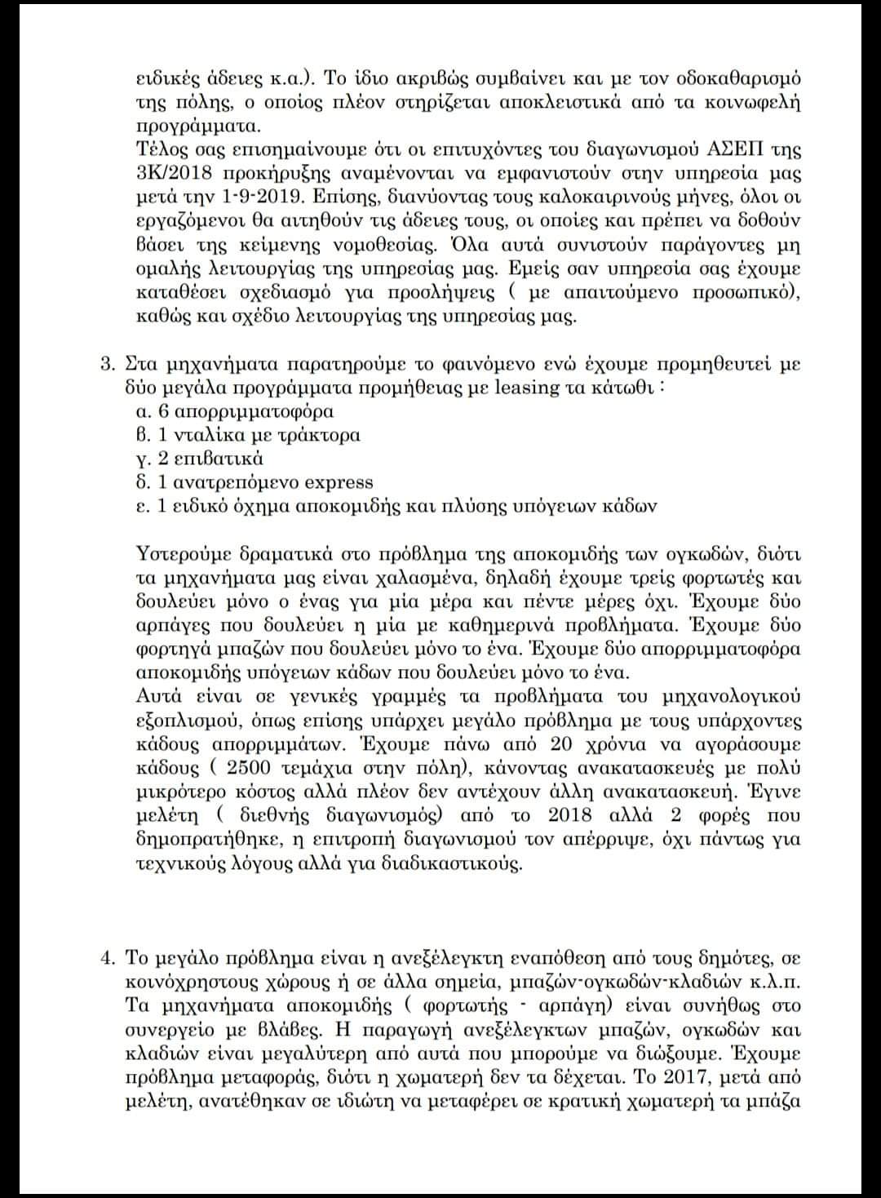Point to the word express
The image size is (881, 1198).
point(335,482)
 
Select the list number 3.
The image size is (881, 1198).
point(105,365)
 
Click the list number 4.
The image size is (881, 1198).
point(106,957)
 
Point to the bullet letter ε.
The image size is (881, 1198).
point(141,506)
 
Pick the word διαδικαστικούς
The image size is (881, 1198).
point(453,863)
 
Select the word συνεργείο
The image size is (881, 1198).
point(180,1029)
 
